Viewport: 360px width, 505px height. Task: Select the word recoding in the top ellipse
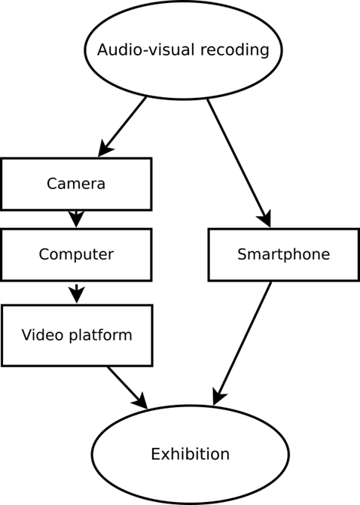tap(235, 50)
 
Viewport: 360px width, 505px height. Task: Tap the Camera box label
tap(76, 184)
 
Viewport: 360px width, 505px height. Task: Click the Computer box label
tap(76, 254)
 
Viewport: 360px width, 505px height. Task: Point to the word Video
tap(42, 335)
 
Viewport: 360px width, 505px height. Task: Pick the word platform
tap(101, 335)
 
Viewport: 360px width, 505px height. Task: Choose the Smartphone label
tap(284, 254)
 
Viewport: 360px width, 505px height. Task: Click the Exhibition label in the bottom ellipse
tap(190, 454)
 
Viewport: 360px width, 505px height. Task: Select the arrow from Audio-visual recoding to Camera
tap(122, 127)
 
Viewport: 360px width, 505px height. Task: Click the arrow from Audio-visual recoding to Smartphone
tap(239, 163)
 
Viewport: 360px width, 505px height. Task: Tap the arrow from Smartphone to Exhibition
tap(242, 344)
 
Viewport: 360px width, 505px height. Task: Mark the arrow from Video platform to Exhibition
tap(127, 388)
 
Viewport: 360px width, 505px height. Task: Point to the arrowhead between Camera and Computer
tap(76, 219)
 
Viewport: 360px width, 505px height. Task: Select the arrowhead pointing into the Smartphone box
tap(264, 219)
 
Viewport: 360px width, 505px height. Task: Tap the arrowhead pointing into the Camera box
tap(105, 149)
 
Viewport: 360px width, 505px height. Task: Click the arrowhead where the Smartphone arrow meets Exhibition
tap(218, 397)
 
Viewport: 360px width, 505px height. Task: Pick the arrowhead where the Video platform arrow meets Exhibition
tap(141, 402)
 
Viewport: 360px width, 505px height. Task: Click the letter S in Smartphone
tap(242, 254)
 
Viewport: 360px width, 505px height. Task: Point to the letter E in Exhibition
tap(155, 454)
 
